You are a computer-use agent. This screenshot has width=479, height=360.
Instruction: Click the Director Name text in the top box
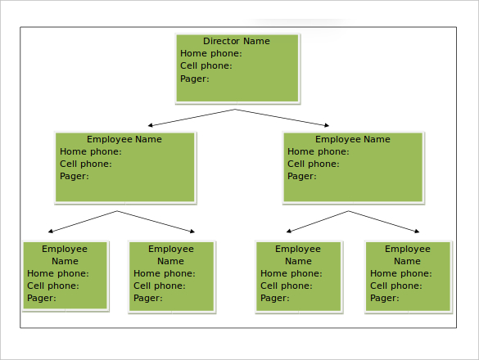236,41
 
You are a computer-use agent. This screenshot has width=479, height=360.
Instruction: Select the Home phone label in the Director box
210,54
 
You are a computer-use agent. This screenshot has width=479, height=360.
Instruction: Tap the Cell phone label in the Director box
206,66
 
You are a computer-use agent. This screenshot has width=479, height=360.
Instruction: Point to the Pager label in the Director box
194,79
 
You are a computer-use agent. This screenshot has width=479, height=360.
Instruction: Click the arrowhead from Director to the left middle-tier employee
152,125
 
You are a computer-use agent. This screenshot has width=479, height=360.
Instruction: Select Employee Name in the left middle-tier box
124,139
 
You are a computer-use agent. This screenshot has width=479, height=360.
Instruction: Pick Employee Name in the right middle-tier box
352,139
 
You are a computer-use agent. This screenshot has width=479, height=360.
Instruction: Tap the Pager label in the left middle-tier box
74,176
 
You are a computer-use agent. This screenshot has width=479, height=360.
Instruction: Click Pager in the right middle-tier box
301,176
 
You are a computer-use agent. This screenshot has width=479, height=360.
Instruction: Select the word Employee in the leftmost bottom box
65,249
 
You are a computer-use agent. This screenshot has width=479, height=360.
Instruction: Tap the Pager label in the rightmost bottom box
385,298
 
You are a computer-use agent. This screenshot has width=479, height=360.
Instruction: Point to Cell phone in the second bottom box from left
160,286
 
